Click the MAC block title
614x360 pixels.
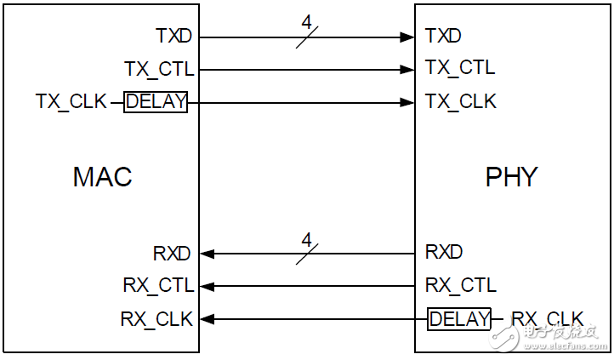103,177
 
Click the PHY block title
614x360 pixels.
511,177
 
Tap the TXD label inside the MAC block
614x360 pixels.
173,36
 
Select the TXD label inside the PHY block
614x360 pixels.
443,36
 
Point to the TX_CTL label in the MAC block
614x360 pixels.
159,69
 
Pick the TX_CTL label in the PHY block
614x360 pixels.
460,67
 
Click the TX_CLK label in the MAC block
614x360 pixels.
71,101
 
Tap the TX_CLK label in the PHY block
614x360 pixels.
461,101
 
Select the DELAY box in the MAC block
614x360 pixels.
156,102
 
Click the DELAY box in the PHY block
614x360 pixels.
459,319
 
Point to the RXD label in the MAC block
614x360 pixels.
172,253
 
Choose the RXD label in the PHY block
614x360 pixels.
444,252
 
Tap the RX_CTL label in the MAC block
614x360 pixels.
158,285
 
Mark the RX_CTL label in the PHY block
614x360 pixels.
461,285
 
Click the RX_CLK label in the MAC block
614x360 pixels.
156,319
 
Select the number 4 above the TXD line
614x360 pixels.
307,22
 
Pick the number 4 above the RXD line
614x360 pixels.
307,239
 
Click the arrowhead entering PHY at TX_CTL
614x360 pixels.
407,70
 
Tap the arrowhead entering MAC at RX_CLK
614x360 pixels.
208,319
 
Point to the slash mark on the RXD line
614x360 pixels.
307,254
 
